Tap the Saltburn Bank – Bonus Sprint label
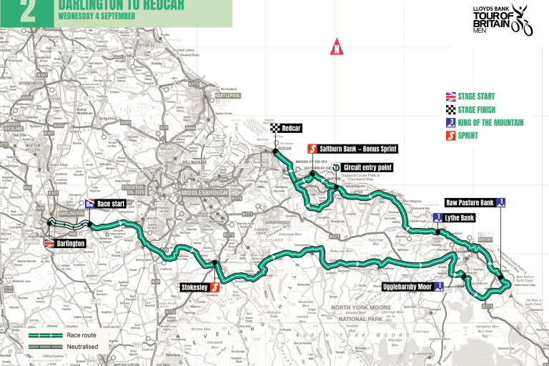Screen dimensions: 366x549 [356, 149]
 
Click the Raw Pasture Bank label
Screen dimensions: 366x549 [470, 202]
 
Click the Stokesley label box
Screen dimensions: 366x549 [194, 288]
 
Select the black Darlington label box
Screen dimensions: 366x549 [71, 243]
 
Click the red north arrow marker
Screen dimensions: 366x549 [335, 49]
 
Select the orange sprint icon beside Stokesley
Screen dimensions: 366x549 [213, 288]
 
